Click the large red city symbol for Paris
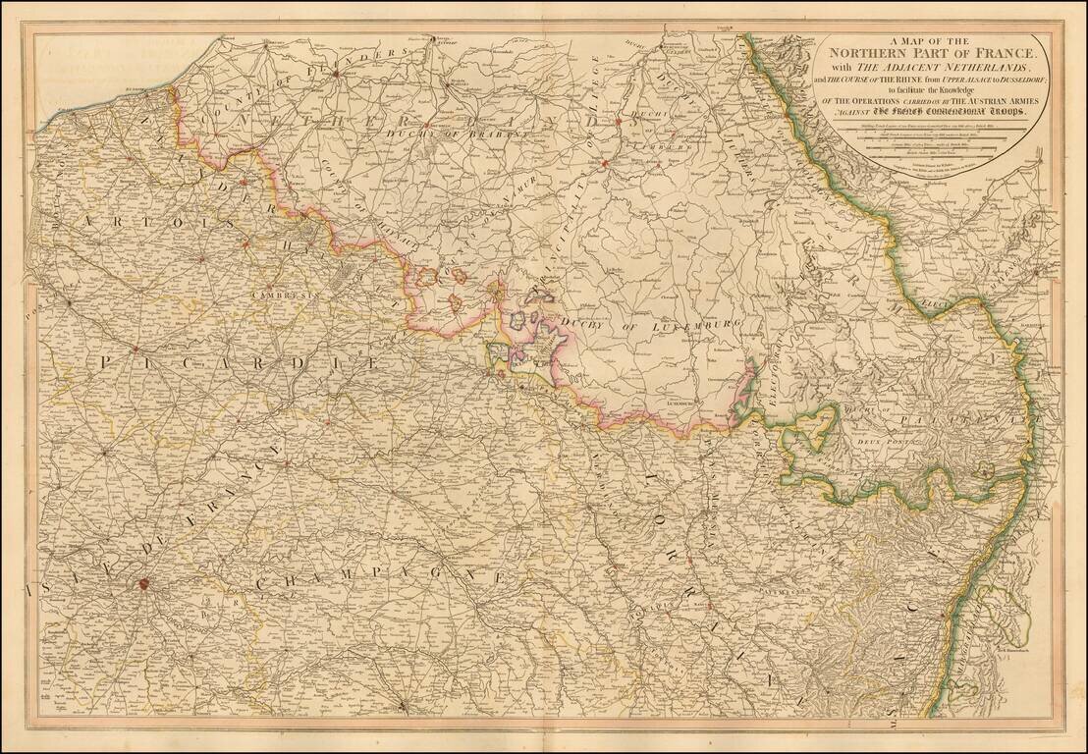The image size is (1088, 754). tap(143, 583)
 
